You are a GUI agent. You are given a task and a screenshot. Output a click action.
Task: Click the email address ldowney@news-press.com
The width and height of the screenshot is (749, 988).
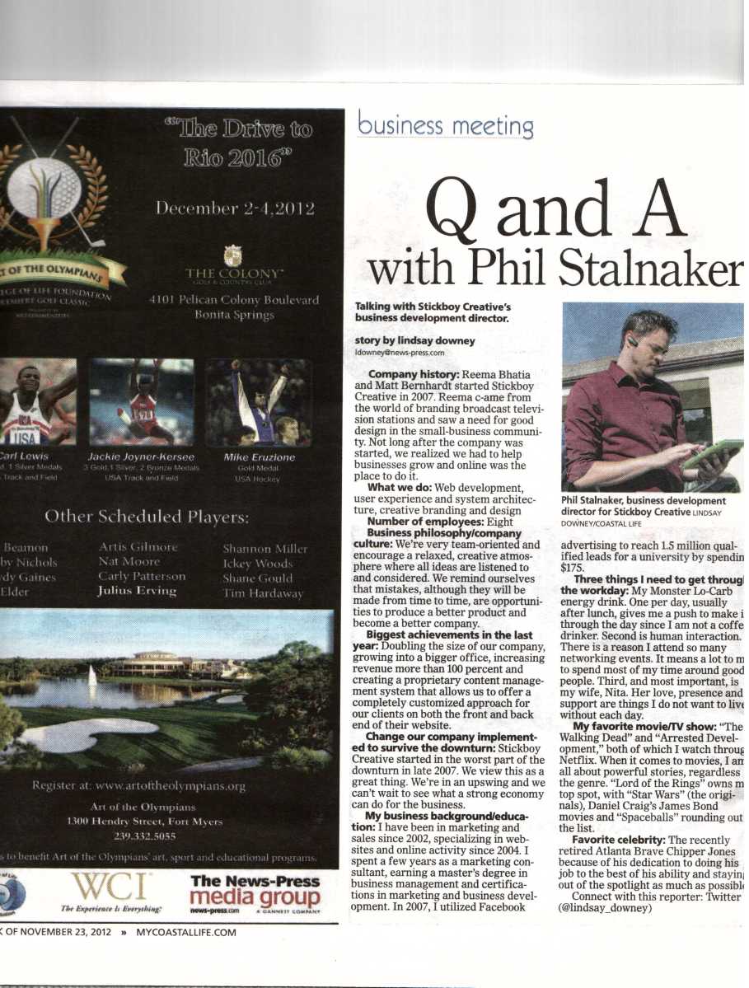click(399, 352)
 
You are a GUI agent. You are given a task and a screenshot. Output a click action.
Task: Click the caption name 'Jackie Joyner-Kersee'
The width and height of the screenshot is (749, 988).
click(141, 457)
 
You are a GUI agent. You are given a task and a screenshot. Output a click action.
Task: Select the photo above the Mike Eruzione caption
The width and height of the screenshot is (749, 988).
click(258, 403)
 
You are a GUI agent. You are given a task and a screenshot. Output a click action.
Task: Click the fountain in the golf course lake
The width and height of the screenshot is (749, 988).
click(91, 675)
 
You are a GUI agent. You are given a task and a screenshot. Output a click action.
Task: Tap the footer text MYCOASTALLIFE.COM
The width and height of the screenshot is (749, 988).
click(186, 932)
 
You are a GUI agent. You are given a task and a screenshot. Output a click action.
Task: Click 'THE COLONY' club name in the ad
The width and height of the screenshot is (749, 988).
click(234, 273)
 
